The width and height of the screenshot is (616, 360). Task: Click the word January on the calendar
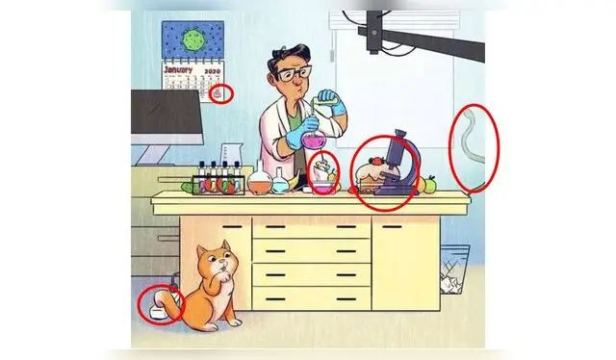[178, 70]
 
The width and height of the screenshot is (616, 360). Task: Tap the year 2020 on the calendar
[213, 71]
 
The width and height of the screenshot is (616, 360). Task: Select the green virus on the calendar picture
[192, 39]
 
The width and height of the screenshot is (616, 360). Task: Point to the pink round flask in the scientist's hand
[313, 138]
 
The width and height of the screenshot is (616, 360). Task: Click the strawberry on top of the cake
[376, 161]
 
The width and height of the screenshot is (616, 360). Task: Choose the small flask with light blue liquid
[280, 181]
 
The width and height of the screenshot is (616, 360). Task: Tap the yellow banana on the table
[295, 182]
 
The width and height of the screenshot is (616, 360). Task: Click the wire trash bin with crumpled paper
[454, 270]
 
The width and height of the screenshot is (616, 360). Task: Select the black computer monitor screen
[166, 112]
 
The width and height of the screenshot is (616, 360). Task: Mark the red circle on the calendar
[221, 94]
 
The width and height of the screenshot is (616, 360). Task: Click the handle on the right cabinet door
[392, 227]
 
